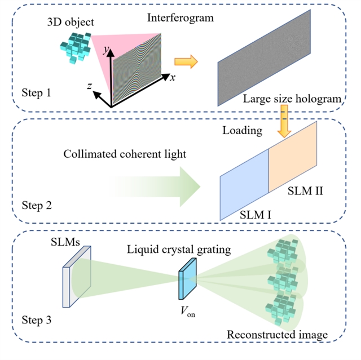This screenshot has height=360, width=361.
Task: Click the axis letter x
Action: (172, 78)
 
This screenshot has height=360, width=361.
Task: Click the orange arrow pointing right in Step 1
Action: (187, 61)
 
